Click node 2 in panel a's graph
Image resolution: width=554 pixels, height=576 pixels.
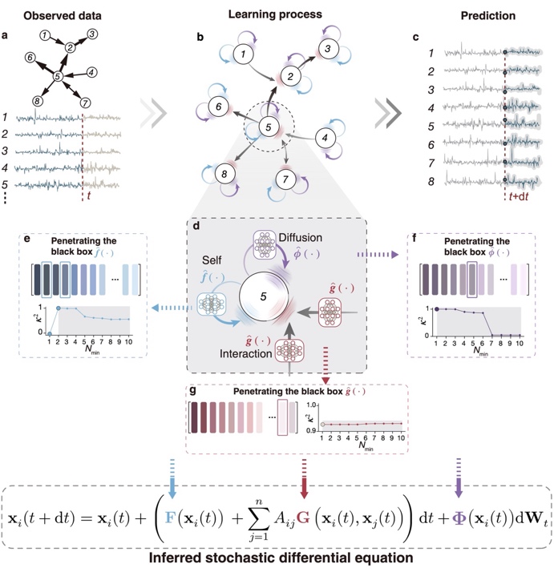point(70,49)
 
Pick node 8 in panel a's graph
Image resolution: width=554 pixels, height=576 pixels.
point(36,101)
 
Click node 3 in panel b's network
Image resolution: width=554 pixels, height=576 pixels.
point(328,48)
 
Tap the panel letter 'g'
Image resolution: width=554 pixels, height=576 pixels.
point(191,392)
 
